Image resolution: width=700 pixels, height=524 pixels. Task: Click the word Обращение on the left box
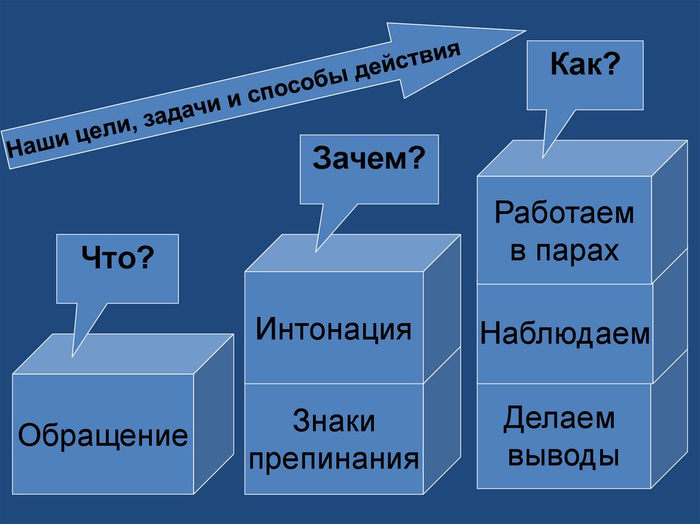point(103,435)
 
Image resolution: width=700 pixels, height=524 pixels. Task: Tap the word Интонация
point(334,329)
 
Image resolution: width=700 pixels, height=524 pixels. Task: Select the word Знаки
point(334,421)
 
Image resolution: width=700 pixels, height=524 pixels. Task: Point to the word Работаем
point(565,213)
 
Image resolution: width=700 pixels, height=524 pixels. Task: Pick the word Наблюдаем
point(565,334)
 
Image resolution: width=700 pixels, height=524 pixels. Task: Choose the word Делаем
point(559,418)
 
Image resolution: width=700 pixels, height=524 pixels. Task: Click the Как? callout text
point(584,66)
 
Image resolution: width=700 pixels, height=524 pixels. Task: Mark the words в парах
point(565,251)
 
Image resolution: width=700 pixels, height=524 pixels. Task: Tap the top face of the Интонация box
point(352,253)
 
